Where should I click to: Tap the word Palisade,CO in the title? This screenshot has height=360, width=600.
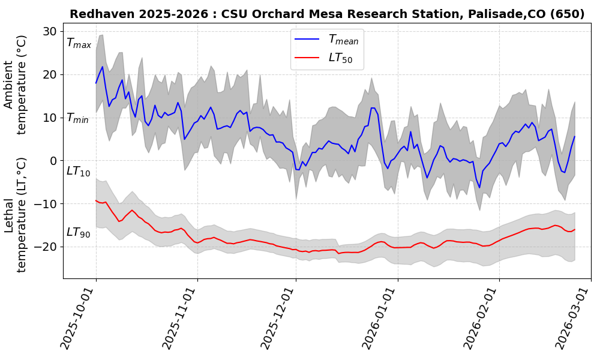click(x=490, y=14)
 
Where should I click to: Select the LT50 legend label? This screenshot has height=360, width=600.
click(x=340, y=58)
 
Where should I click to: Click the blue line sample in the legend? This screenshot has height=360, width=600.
click(x=308, y=40)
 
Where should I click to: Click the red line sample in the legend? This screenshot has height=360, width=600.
click(x=308, y=58)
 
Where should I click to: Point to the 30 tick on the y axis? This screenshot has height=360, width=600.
click(x=50, y=31)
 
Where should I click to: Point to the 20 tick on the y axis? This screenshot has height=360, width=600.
click(x=50, y=74)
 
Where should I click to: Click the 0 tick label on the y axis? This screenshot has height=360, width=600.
click(x=53, y=161)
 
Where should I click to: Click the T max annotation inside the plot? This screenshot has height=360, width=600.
click(x=79, y=43)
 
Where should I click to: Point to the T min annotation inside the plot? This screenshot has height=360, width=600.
click(x=77, y=118)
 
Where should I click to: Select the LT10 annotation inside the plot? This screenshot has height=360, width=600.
click(x=78, y=172)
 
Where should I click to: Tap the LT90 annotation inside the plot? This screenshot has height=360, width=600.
click(x=78, y=233)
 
